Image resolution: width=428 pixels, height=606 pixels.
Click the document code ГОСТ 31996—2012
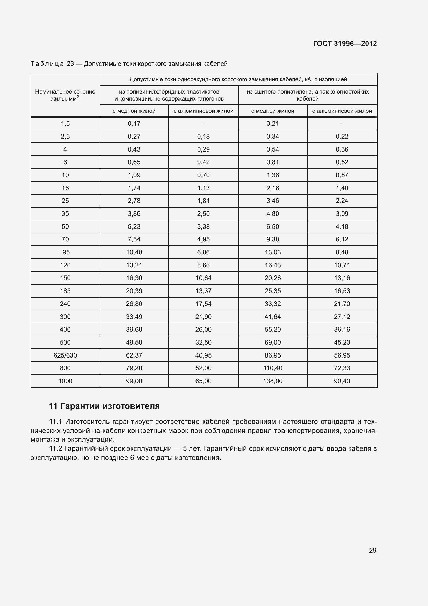point(345,44)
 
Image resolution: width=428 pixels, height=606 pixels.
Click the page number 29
point(373,550)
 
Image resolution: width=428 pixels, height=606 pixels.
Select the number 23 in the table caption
point(70,64)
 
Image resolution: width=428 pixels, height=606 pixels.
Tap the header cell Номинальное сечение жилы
point(65,95)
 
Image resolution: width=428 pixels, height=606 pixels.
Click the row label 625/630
point(65,355)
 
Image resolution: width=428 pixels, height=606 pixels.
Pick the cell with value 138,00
point(273,381)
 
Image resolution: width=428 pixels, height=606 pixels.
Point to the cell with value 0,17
point(134,124)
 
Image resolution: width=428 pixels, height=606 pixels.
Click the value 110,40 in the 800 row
point(273,368)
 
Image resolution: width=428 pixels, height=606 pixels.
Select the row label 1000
point(65,381)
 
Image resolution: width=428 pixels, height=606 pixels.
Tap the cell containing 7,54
point(134,239)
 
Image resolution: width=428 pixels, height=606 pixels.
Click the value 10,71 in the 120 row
point(342,265)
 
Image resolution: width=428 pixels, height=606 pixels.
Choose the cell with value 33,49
point(134,316)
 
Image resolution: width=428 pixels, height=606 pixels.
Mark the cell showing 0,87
point(342,175)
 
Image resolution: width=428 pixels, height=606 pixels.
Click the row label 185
point(65,291)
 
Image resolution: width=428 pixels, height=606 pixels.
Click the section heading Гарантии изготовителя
point(110,406)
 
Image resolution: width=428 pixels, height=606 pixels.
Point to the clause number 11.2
point(56,449)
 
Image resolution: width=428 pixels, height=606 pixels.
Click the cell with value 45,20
point(342,342)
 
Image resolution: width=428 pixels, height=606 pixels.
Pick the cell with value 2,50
point(203,213)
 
